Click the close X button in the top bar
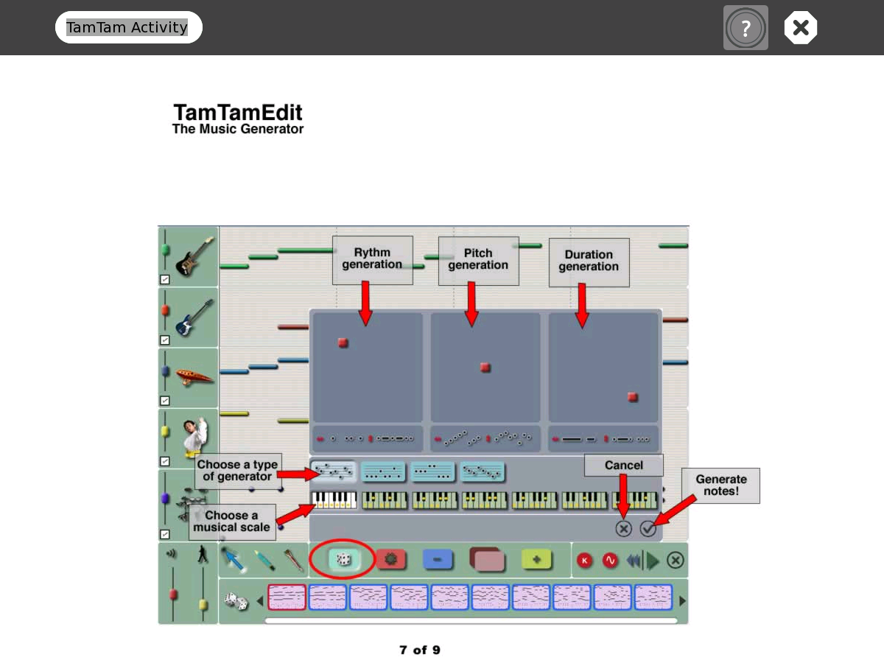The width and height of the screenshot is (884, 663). click(x=801, y=28)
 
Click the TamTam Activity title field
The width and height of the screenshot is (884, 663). click(x=128, y=27)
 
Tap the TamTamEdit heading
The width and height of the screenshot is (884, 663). click(x=237, y=113)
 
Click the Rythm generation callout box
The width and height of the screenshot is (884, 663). click(x=372, y=259)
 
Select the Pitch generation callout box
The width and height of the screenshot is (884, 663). click(x=478, y=260)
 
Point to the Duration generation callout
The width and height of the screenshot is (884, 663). click(x=589, y=262)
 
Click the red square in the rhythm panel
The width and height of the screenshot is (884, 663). click(x=343, y=343)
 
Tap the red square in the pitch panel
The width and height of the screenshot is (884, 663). click(x=485, y=368)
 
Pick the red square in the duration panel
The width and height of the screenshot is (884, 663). click(x=632, y=397)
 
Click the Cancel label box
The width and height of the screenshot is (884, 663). click(x=623, y=465)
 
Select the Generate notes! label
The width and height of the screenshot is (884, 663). click(x=720, y=485)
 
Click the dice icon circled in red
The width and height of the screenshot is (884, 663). click(x=343, y=560)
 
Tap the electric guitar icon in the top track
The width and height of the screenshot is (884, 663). click(x=194, y=256)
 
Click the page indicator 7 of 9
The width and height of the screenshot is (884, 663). click(x=420, y=650)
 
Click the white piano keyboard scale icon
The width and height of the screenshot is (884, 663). click(x=334, y=500)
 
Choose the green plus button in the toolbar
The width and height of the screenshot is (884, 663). click(x=536, y=560)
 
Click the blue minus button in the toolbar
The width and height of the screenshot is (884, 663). click(x=438, y=560)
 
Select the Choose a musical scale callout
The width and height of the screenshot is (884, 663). click(x=231, y=521)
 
